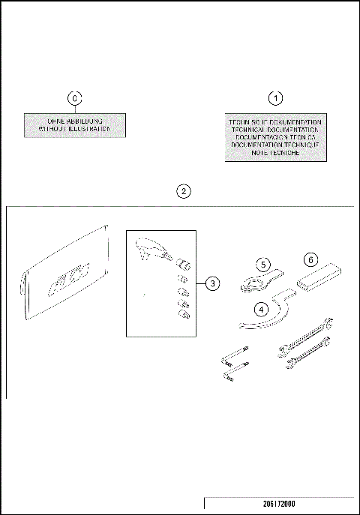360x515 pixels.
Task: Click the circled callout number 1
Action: point(277,98)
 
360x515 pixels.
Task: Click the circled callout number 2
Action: point(183,190)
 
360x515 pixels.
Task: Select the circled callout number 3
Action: point(213,283)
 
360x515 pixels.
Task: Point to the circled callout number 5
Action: point(263,264)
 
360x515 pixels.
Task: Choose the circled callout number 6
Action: point(309,259)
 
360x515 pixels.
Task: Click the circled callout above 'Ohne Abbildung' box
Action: point(73,98)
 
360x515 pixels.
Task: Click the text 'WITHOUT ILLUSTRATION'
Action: point(74,129)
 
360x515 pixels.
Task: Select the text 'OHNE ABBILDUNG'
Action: point(74,121)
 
